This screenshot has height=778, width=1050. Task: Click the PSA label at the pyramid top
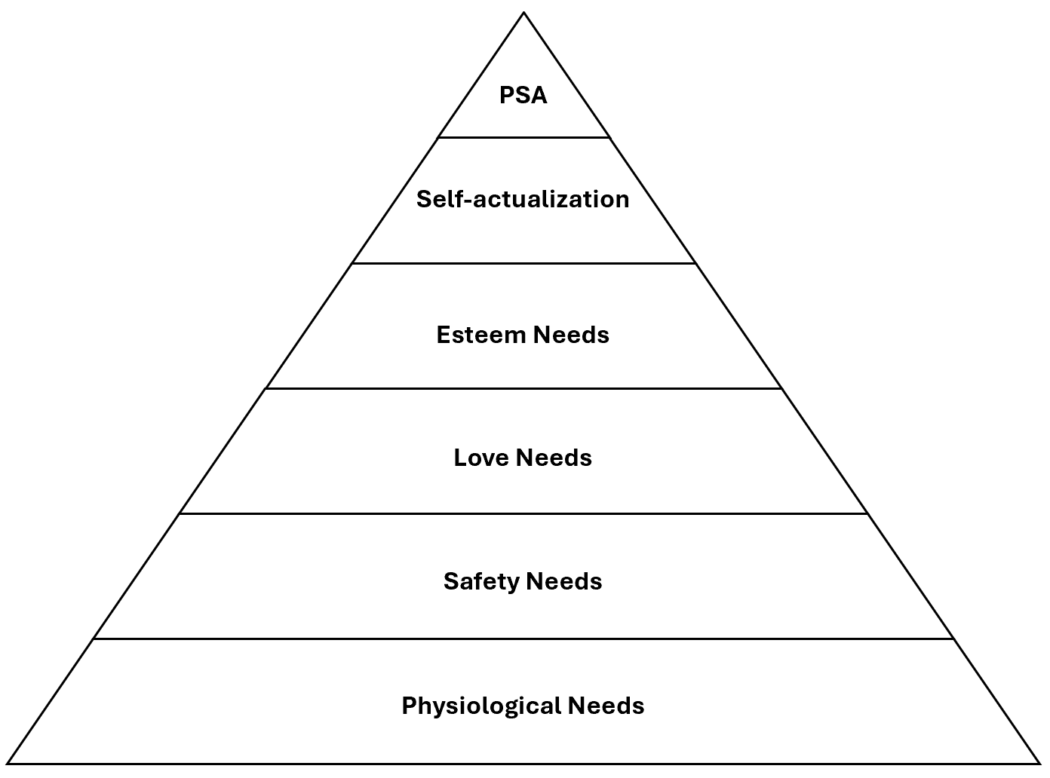[523, 96]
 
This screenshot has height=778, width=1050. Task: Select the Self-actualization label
[523, 199]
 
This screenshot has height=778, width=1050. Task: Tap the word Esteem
[480, 335]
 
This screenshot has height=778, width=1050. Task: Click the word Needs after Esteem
[571, 335]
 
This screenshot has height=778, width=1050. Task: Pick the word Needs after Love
[554, 458]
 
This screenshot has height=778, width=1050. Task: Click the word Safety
[480, 581]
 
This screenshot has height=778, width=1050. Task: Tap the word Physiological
[481, 706]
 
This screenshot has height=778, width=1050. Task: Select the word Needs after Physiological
[606, 706]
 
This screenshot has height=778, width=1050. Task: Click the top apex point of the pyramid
[523, 12]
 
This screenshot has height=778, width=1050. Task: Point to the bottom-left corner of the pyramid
[8, 763]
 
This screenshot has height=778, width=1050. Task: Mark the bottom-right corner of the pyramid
[1040, 763]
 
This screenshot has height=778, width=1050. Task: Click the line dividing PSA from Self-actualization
[523, 137]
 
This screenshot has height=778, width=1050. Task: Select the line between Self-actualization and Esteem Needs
[523, 263]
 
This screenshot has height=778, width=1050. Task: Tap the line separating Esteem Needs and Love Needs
[523, 388]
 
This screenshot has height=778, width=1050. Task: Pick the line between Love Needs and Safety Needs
[523, 513]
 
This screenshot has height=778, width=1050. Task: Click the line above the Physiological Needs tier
[523, 639]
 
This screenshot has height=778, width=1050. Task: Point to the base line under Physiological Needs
[523, 763]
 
